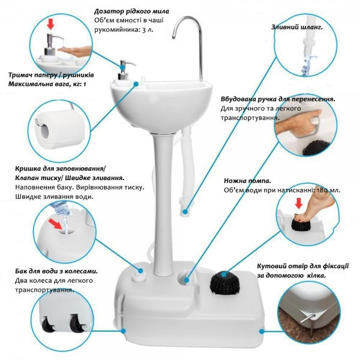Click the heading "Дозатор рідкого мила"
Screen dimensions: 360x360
coord(131,11)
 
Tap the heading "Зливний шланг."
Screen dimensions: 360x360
coord(297,27)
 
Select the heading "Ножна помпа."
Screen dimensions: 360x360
coord(247,181)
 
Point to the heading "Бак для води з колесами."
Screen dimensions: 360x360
coord(56,271)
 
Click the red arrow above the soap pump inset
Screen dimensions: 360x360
coord(50,25)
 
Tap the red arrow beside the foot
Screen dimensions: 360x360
coord(298,203)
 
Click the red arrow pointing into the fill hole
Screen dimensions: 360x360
coord(56,224)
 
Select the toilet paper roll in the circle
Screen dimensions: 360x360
coord(60,130)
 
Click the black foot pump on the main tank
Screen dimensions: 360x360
coord(225,283)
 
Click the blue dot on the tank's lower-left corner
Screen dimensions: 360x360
coord(123,331)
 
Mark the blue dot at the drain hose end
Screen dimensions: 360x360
coord(185,211)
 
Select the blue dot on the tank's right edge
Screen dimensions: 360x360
coord(262,331)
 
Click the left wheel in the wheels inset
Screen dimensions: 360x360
coord(49,323)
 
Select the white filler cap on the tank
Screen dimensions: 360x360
coord(139,275)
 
